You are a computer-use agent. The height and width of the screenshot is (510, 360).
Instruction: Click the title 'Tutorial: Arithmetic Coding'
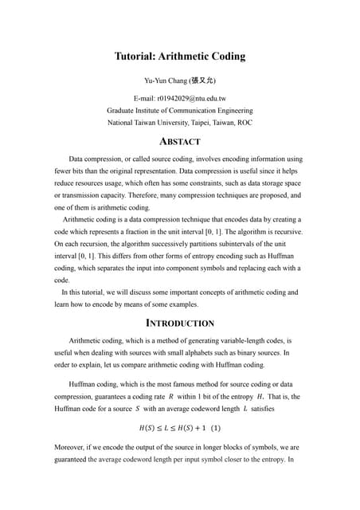tap(179, 57)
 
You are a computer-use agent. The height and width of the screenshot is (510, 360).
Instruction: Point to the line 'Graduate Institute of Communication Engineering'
tap(179, 111)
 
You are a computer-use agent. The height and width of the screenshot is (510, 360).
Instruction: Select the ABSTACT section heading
tap(179, 142)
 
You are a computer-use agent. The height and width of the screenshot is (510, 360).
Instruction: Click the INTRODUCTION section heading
tap(179, 324)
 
